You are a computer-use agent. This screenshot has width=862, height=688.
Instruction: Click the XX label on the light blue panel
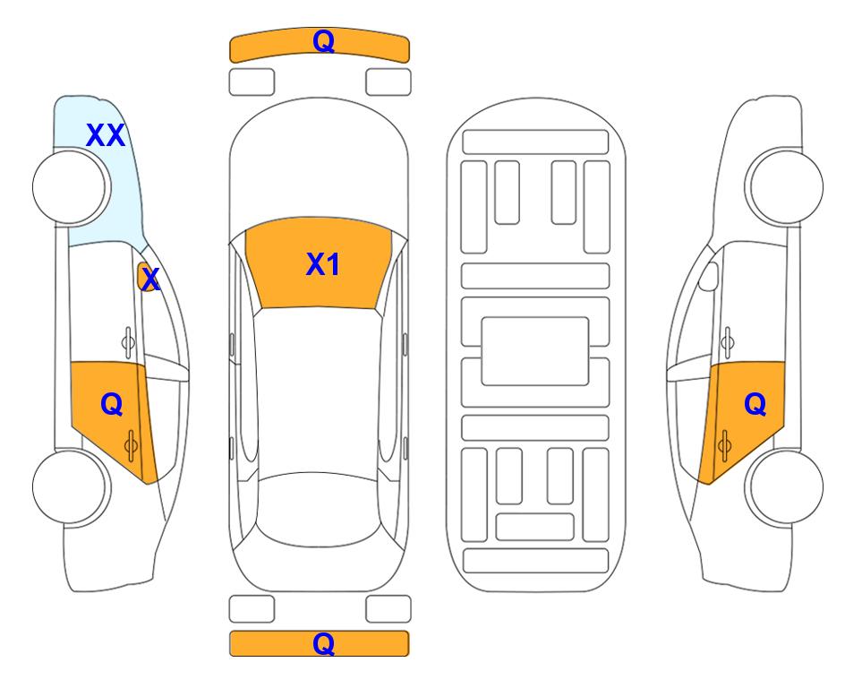click(106, 135)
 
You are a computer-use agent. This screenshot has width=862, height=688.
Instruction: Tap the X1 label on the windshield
click(322, 264)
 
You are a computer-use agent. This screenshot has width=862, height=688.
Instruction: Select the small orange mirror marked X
click(149, 278)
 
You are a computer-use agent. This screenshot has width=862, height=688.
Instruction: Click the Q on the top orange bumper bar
click(323, 41)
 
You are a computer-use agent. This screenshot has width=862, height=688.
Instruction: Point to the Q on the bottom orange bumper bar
click(323, 643)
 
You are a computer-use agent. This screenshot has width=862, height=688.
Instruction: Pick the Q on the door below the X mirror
click(111, 404)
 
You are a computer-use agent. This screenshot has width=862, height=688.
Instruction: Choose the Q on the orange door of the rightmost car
click(755, 404)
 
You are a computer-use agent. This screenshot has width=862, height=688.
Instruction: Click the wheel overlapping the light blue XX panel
click(70, 186)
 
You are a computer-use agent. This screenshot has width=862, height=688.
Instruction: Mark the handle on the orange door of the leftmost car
click(131, 443)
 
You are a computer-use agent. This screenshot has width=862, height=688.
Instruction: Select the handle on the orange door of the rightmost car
click(725, 443)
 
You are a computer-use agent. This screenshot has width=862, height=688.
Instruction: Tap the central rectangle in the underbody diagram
click(535, 350)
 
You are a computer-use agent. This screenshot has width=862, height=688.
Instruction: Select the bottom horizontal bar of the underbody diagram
click(535, 561)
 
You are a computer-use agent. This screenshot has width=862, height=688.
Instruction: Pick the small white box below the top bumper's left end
click(252, 82)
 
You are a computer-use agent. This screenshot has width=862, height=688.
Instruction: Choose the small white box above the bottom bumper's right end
click(388, 609)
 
